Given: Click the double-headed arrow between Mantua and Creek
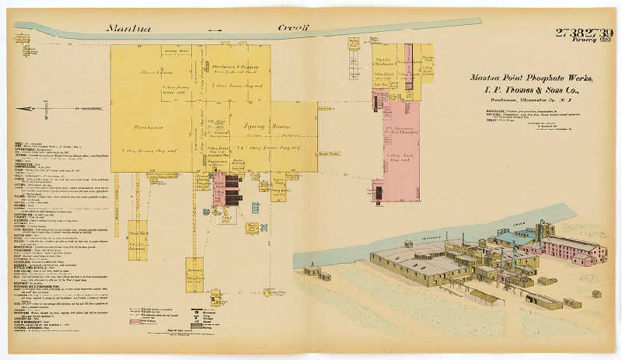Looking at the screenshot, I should [x=215, y=30].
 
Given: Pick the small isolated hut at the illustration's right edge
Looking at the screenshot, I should [x=595, y=293].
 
